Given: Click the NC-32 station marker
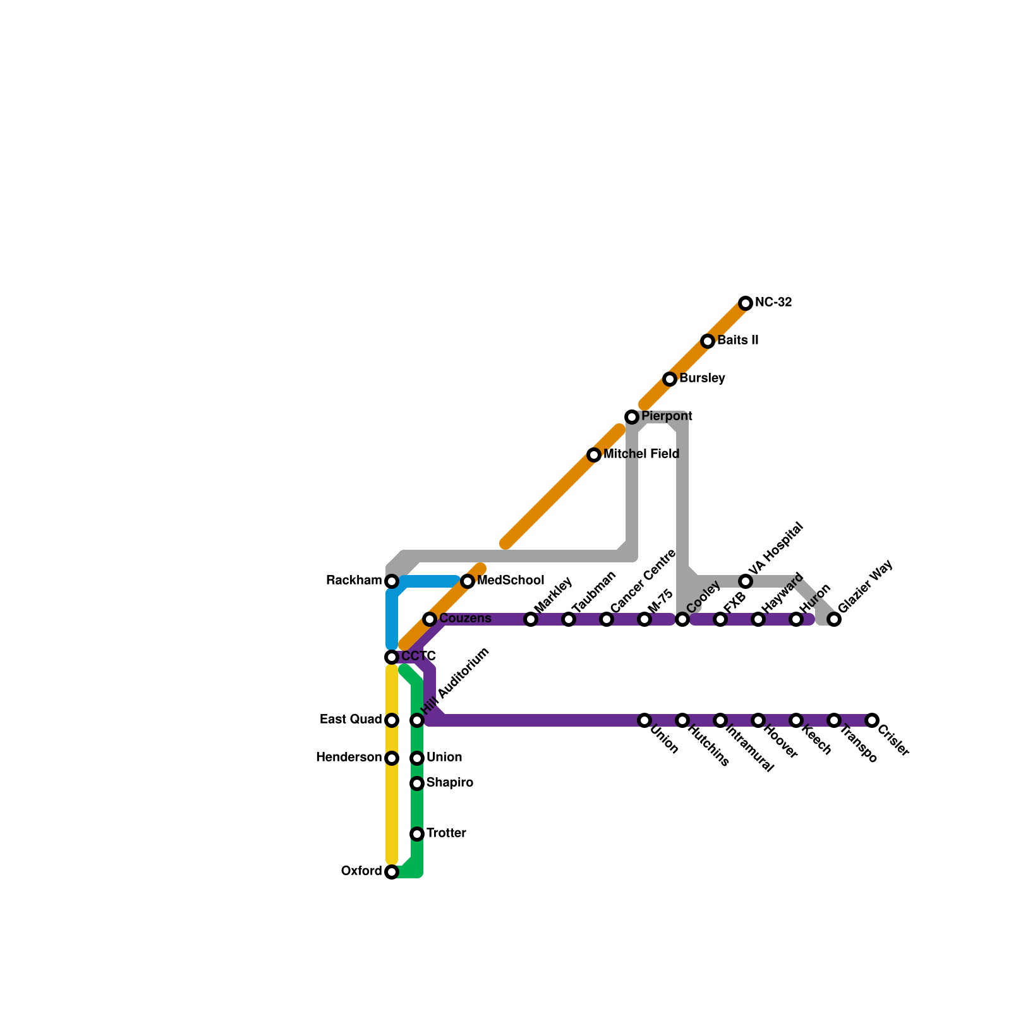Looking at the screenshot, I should (x=746, y=303).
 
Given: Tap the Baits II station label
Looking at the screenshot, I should (x=737, y=341).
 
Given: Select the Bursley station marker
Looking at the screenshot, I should (x=670, y=379).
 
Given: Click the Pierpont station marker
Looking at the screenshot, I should (x=632, y=417).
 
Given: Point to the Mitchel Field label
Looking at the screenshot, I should (x=641, y=454).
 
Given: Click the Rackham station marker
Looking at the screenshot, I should (x=392, y=581).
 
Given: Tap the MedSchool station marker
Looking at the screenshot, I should (x=468, y=581).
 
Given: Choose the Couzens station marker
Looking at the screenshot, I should (x=430, y=619).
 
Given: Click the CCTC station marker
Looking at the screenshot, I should (x=392, y=657).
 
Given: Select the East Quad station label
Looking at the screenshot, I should (x=351, y=720).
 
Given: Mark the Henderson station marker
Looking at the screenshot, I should (x=392, y=758).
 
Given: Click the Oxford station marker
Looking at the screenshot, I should (x=392, y=872).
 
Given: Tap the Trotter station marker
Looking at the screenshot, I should (x=417, y=834).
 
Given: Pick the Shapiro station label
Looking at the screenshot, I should (x=449, y=783).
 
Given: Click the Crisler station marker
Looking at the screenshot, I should (x=872, y=720).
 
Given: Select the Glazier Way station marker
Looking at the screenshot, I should (x=834, y=619).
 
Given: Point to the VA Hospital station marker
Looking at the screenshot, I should (x=746, y=581).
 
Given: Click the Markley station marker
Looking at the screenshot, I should (x=531, y=619).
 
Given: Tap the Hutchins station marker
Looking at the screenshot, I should (x=682, y=720).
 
